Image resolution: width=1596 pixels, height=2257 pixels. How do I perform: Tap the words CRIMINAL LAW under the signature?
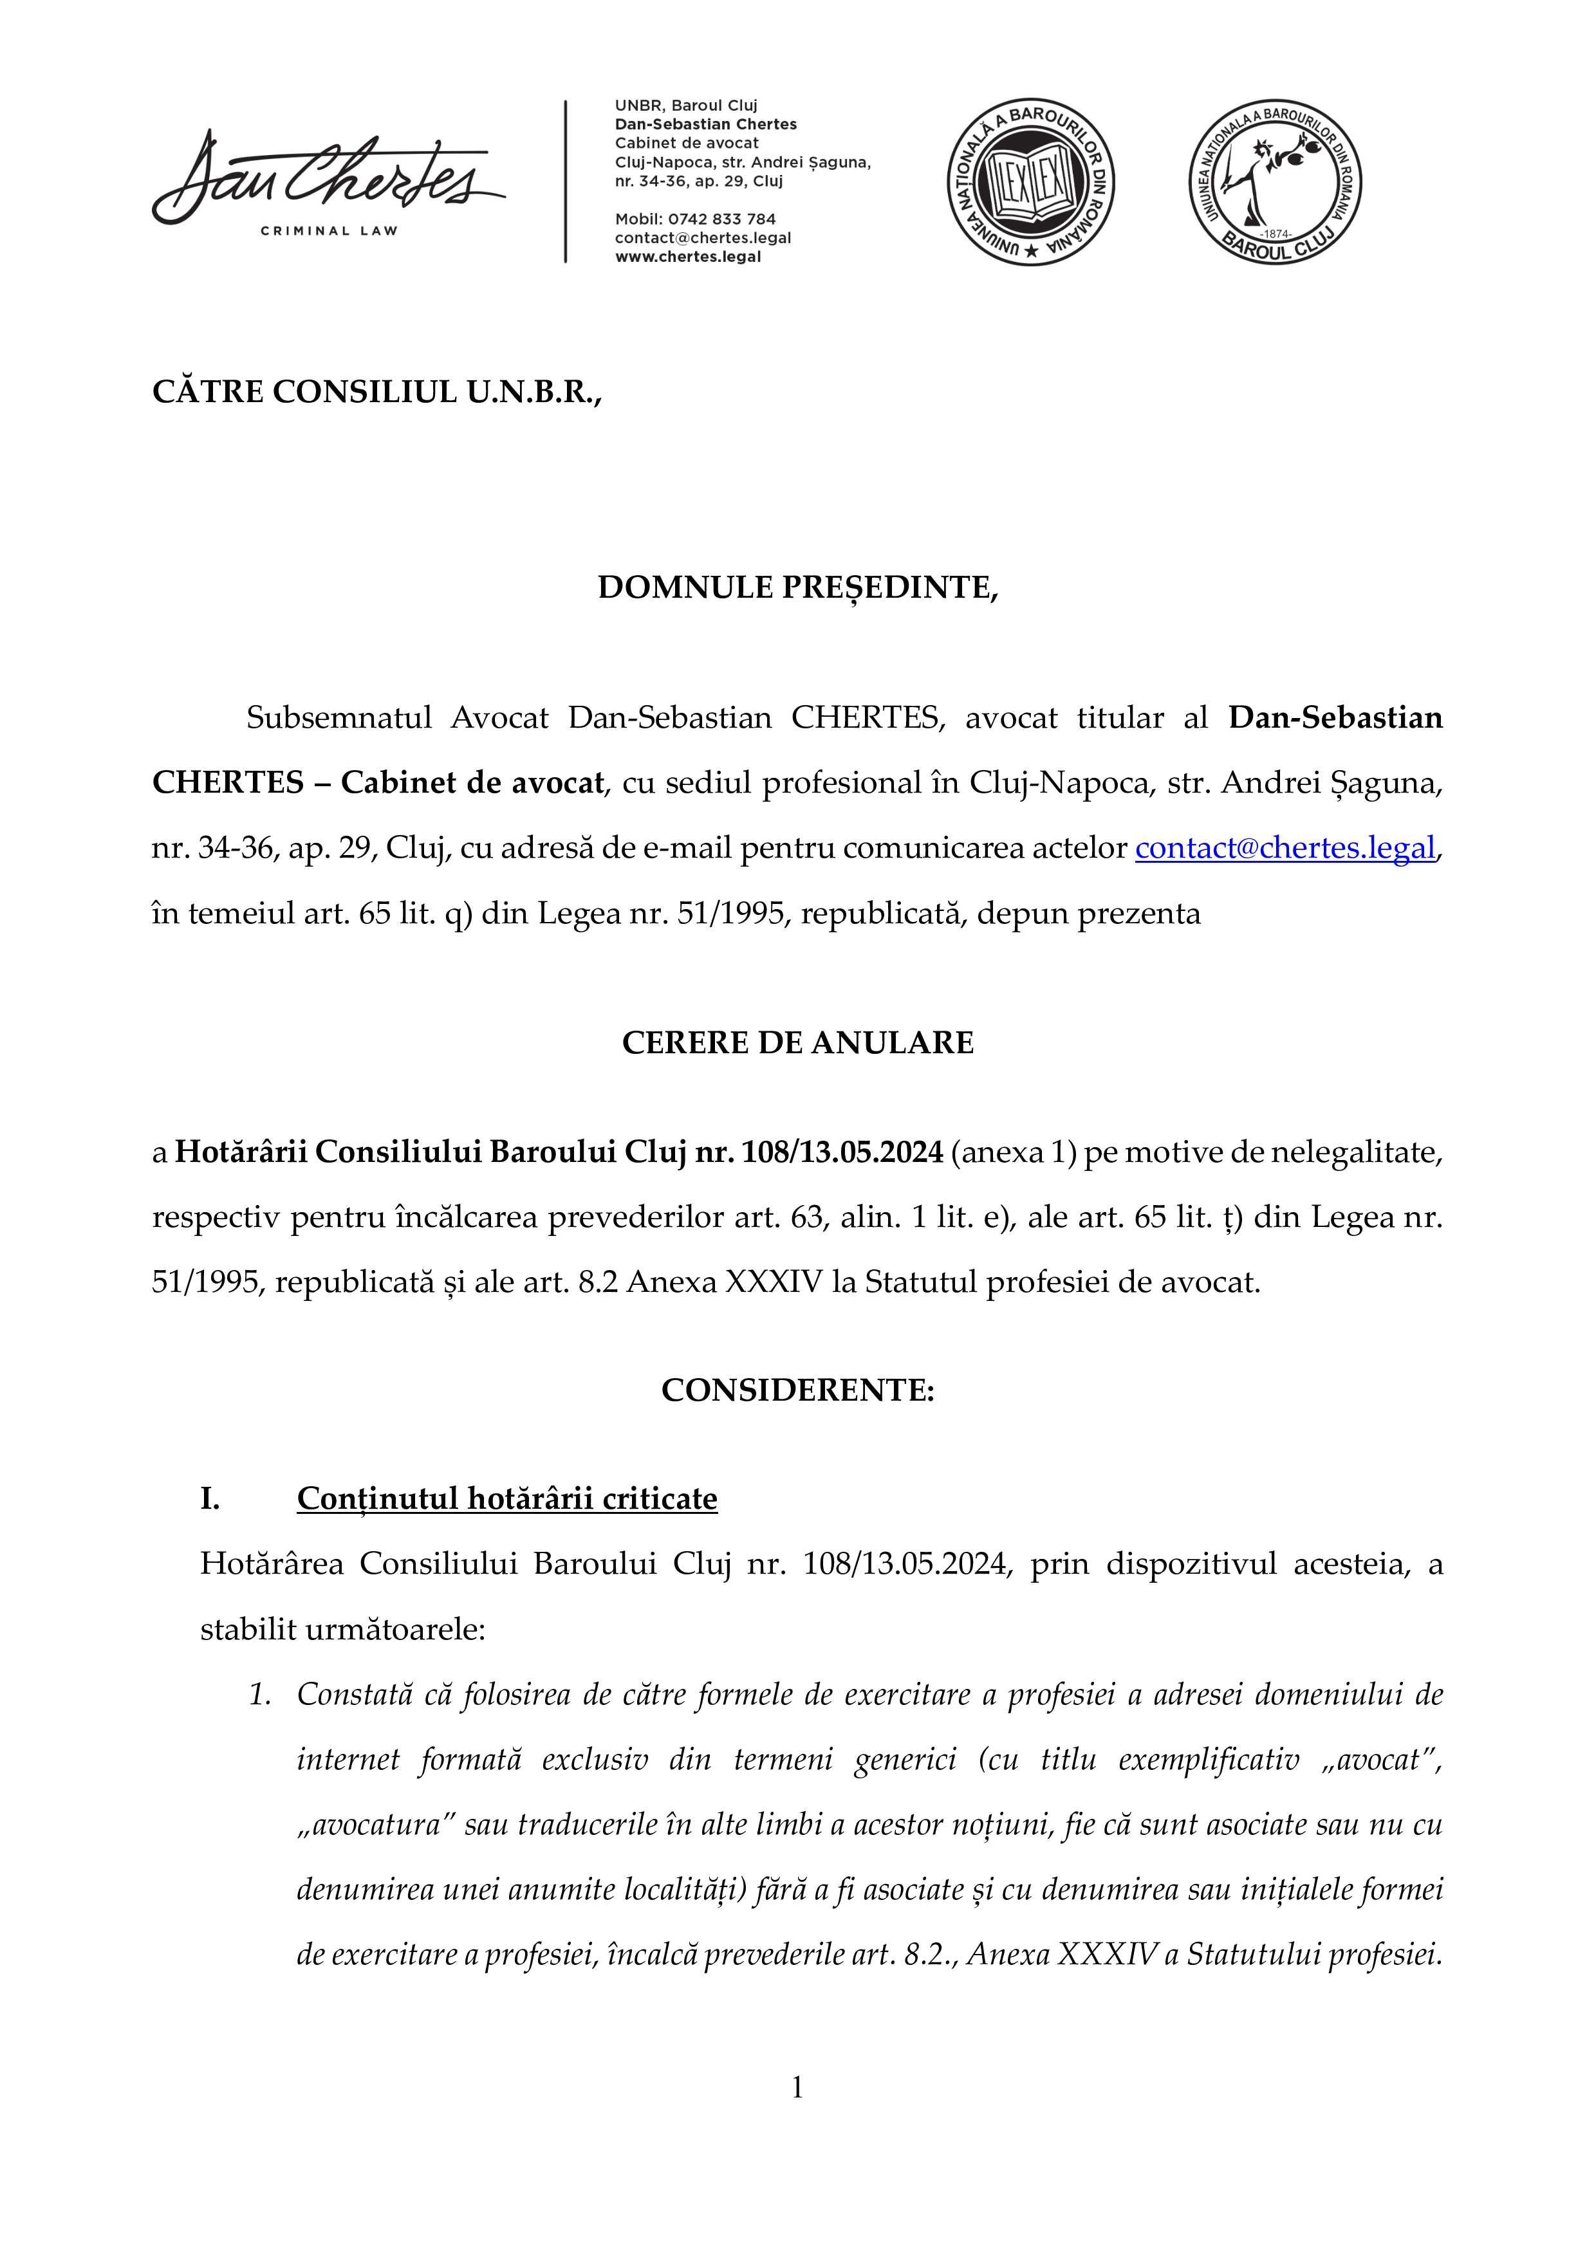click(x=328, y=231)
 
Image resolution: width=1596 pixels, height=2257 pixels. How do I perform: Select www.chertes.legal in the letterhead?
click(x=687, y=257)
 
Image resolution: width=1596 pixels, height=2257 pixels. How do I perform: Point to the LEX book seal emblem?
click(x=1030, y=181)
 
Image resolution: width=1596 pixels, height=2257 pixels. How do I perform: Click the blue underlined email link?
click(x=1285, y=847)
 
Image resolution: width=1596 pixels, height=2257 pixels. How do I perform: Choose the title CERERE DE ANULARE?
click(x=797, y=1042)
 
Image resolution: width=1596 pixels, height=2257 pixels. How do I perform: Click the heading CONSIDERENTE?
click(x=797, y=1390)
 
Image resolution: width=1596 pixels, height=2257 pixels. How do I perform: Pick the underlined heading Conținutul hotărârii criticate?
click(x=506, y=1498)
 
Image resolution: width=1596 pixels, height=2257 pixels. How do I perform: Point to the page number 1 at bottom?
click(x=797, y=2086)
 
